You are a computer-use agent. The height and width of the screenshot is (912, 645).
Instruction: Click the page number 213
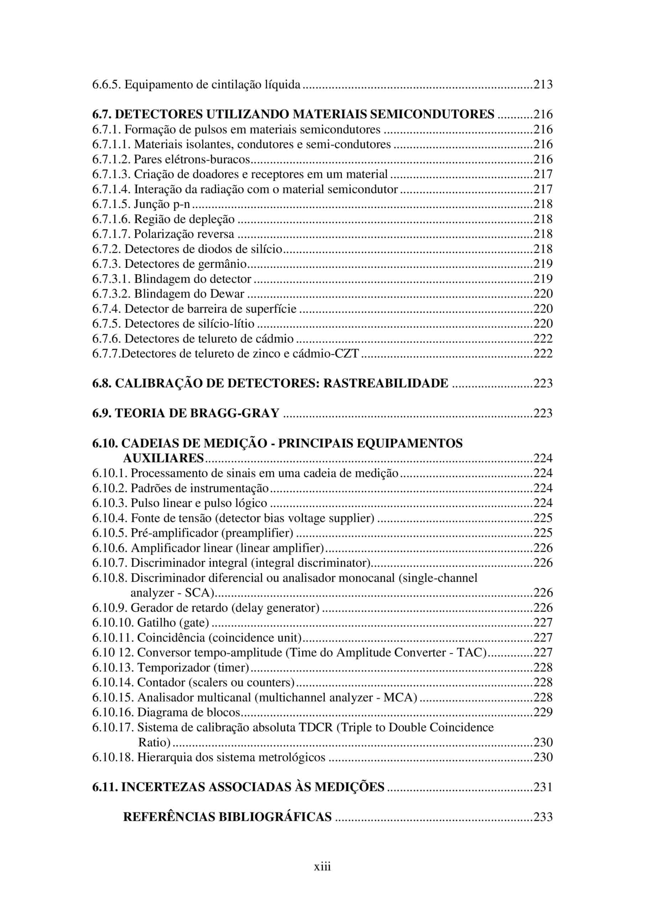click(542, 84)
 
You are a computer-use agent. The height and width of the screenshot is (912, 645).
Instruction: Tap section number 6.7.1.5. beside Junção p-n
click(111, 204)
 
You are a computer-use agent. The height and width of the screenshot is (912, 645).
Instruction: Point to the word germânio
click(224, 264)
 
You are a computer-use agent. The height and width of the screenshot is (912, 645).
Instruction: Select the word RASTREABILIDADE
click(385, 383)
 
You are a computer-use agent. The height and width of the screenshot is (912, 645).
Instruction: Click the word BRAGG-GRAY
click(237, 413)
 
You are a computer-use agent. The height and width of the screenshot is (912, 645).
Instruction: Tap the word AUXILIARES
click(163, 458)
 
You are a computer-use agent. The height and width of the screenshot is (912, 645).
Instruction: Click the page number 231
click(542, 787)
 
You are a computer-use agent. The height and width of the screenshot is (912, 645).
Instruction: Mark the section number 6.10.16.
click(113, 712)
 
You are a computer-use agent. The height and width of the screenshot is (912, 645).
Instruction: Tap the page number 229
click(542, 712)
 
